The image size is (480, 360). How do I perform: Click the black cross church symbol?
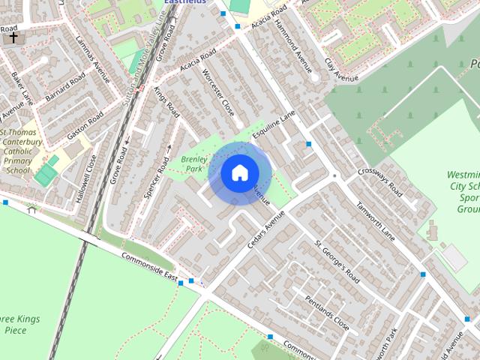(13, 37)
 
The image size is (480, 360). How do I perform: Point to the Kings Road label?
(166, 102)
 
